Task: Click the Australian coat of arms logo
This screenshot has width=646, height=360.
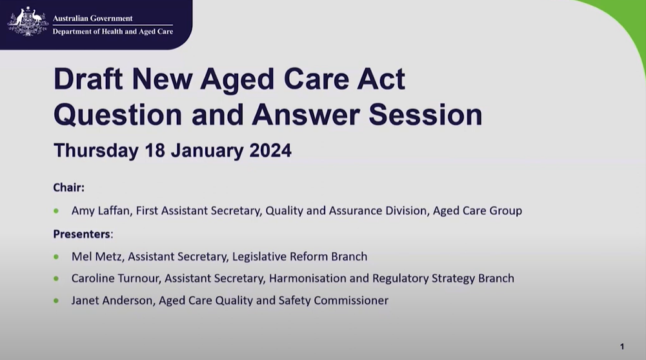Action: pos(28,22)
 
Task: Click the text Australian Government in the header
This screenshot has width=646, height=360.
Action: pos(92,18)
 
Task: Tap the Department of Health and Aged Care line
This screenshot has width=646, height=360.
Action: pos(112,32)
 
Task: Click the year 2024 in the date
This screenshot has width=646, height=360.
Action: pos(266,151)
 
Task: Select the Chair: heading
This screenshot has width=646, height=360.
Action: pos(69,188)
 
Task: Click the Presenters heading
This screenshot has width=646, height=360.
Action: pos(81,234)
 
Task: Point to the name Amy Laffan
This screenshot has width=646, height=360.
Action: pos(100,211)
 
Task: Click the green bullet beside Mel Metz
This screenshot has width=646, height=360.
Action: pos(57,257)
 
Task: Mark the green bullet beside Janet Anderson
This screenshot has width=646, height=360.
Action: pos(57,300)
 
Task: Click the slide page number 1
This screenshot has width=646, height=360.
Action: pos(621,346)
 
